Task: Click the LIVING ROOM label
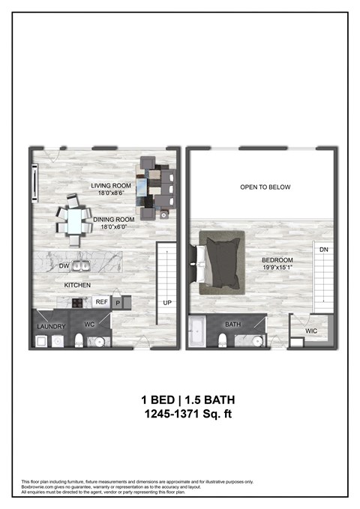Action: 111,186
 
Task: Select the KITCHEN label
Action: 77,286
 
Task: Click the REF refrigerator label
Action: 101,302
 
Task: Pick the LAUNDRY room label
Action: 51,327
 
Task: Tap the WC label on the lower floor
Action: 88,325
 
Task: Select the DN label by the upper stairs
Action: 323,250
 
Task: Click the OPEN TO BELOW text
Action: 265,187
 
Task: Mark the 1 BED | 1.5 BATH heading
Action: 179,399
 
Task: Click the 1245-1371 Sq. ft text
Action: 179,412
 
